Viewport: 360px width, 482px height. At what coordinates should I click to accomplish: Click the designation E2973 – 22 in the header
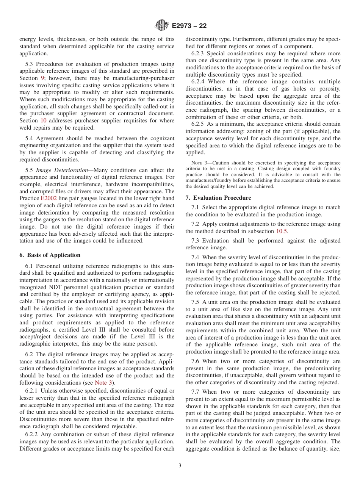(x=189, y=26)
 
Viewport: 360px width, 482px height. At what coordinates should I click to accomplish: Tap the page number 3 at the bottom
(x=180, y=466)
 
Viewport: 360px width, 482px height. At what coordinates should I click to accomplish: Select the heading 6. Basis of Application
(x=50, y=255)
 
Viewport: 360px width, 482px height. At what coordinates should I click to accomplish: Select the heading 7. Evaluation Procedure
(x=218, y=198)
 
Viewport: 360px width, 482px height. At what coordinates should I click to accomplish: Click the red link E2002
(x=49, y=198)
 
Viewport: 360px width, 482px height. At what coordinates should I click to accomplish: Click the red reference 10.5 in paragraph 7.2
(x=280, y=231)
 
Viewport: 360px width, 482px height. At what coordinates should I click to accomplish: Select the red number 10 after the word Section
(x=44, y=121)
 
